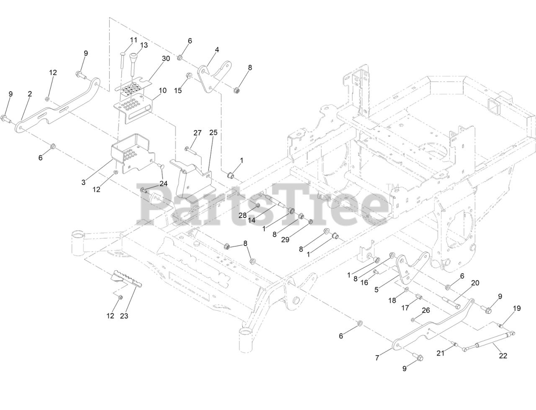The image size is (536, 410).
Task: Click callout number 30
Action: pos(166,58)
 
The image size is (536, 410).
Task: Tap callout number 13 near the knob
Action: pos(144,45)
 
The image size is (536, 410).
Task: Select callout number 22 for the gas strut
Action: pos(503,356)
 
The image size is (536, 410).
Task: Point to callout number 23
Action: pos(124,316)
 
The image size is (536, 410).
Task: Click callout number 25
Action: pos(213,133)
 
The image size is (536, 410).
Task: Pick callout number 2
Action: pos(30,94)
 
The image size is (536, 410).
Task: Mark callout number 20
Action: pos(475,283)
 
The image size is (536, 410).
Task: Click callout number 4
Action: pos(217,49)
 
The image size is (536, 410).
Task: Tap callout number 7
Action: pos(377,358)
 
